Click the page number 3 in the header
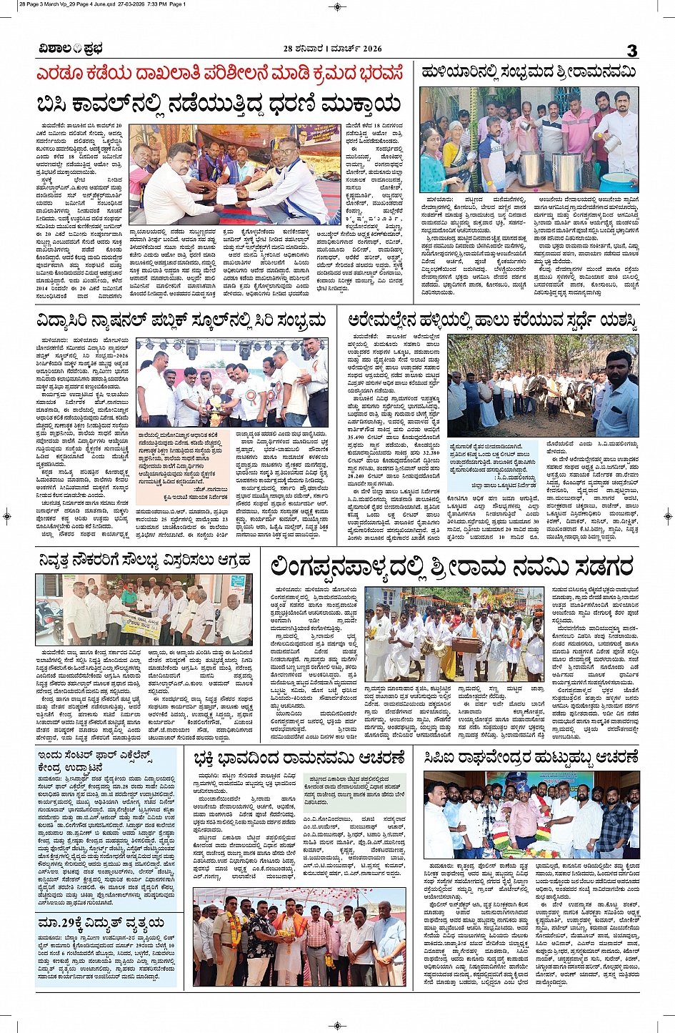coord(631,50)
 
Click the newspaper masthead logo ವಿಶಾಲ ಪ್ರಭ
coord(71,49)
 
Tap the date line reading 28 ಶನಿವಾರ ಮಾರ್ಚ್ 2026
coord(332,49)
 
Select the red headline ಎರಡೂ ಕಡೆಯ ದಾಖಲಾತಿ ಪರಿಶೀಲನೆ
coord(220,74)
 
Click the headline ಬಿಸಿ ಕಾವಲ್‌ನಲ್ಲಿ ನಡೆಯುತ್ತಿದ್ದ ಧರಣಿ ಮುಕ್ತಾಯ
coord(219,104)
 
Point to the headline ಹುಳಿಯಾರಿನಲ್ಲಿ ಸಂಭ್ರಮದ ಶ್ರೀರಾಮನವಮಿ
coord(529,72)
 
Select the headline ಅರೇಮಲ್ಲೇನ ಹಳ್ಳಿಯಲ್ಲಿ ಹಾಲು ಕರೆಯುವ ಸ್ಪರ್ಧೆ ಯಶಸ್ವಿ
coord(493,320)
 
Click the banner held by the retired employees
coord(141,625)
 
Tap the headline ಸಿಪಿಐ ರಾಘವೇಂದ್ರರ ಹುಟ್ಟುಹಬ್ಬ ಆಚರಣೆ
coord(531,758)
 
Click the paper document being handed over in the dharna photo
coord(226,194)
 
